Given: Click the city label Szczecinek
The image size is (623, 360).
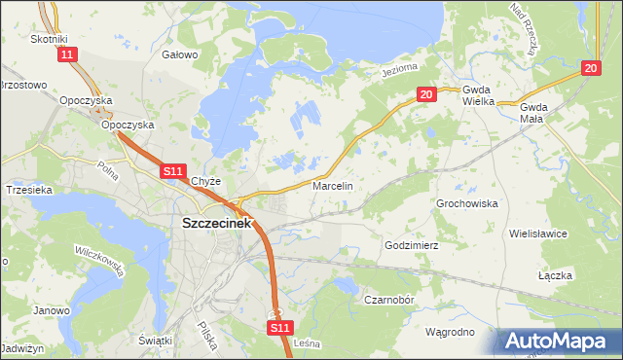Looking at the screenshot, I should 217,223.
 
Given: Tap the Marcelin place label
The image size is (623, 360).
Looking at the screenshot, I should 332,185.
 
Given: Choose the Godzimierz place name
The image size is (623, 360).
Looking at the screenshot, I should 413,246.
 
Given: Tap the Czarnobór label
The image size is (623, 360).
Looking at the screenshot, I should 390,300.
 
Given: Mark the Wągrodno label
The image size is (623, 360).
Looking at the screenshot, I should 450,332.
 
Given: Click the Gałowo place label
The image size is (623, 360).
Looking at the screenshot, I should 180,54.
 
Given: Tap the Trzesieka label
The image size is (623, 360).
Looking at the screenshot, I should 28,190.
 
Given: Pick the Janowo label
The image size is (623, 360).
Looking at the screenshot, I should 52,311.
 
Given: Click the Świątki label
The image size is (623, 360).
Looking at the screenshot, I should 156,340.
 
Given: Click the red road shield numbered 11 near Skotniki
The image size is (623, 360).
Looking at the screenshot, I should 66,55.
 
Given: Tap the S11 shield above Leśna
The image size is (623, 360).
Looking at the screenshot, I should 279,329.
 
